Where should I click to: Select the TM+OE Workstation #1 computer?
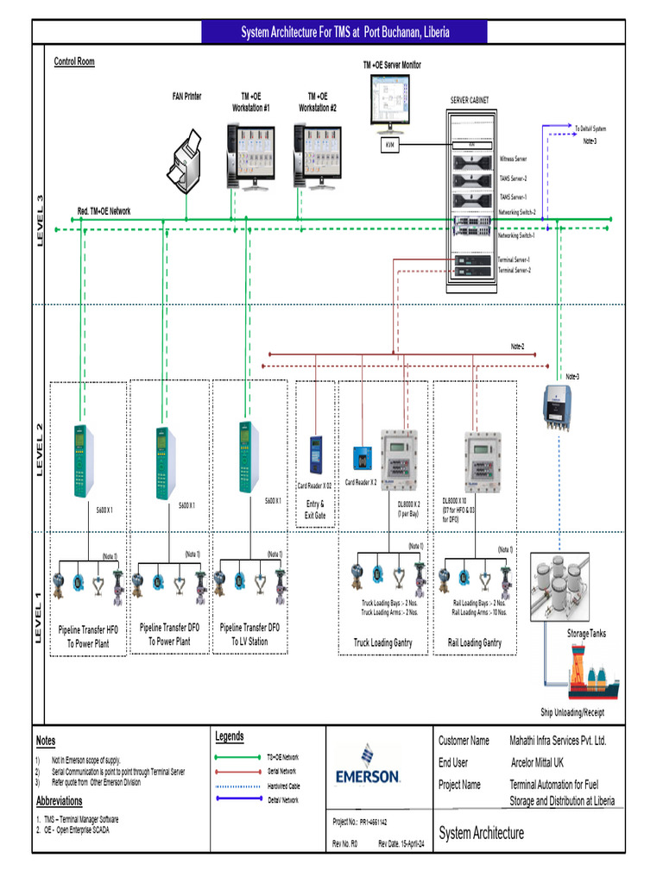(249, 155)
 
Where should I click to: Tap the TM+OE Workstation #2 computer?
(317, 155)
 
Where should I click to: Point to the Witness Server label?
(513, 160)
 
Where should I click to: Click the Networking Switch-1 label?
(516, 235)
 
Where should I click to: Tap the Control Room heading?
(74, 62)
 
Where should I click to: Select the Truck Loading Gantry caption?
(382, 642)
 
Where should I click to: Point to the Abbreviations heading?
(66, 801)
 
